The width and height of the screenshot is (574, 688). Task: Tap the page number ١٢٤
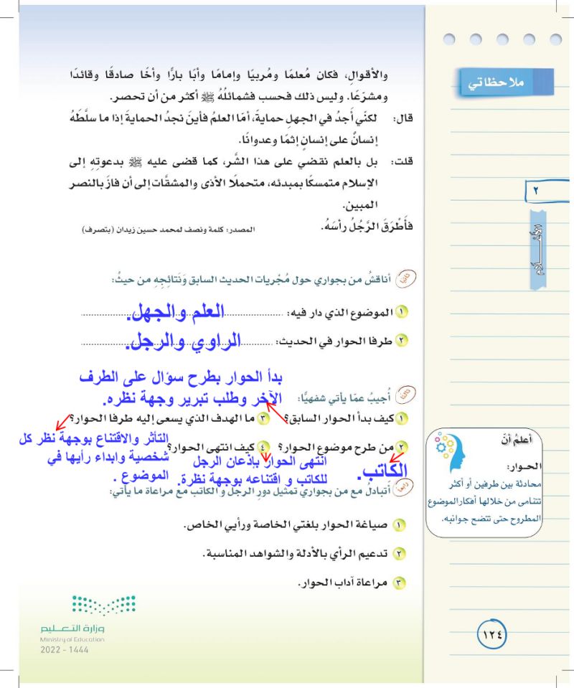(x=492, y=634)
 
